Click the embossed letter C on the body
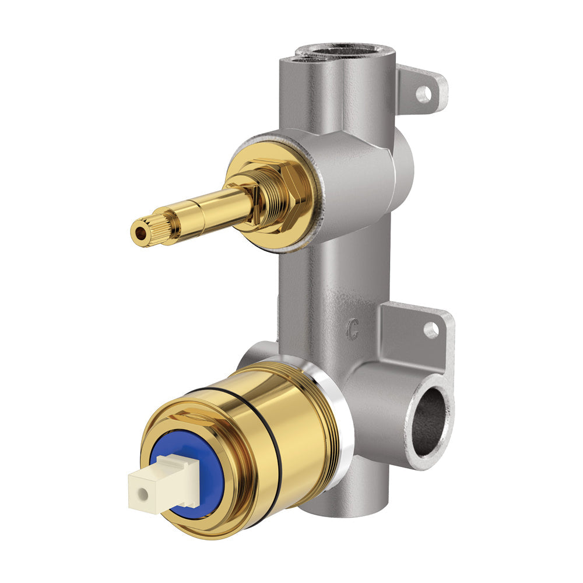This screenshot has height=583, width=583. [352, 331]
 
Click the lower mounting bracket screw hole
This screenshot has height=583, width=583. [431, 330]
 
